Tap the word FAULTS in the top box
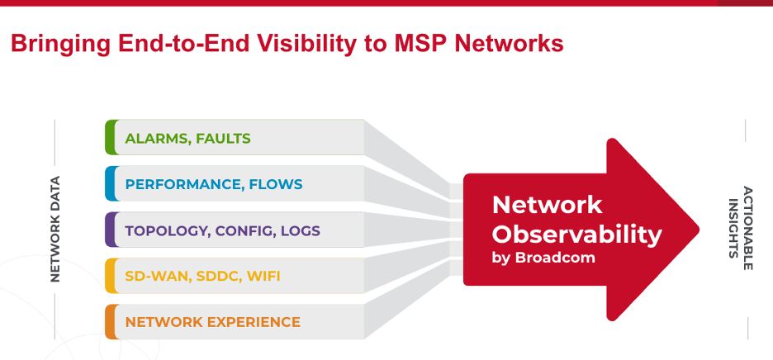coord(223,138)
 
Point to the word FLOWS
coord(276,184)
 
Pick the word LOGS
coord(300,230)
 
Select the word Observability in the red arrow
coord(576,234)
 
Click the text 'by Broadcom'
coord(543,258)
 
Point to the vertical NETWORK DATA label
coord(55,229)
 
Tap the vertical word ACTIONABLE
coord(747,227)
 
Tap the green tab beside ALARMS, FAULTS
coord(110,137)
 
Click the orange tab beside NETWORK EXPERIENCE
coord(110,321)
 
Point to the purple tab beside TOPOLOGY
coord(110,230)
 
